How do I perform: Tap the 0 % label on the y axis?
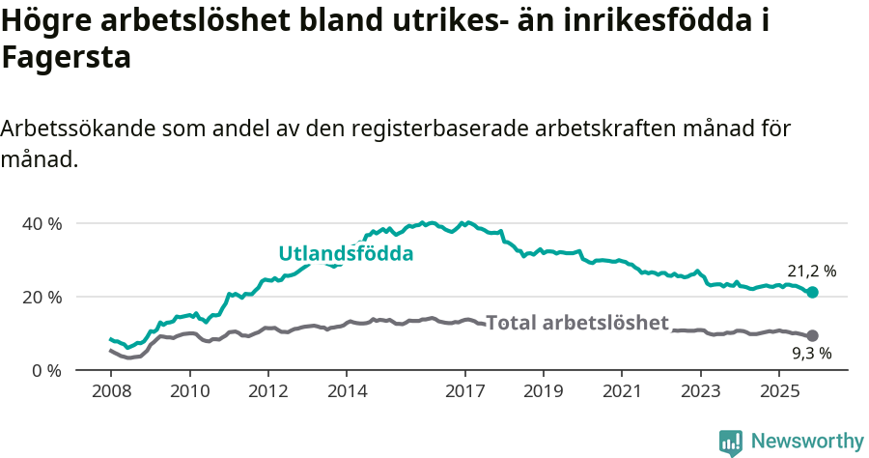tap(46, 370)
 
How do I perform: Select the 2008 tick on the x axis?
tap(111, 394)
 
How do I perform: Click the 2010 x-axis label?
tap(189, 394)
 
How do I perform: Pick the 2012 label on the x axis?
tap(268, 394)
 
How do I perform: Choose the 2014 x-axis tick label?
tap(348, 394)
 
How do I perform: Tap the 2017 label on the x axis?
tap(464, 394)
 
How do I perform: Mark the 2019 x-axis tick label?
tap(543, 394)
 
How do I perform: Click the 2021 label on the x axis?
tap(622, 394)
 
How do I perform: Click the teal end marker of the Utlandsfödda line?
tap(812, 292)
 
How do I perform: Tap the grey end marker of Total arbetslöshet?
tap(812, 335)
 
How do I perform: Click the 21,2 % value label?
tap(812, 272)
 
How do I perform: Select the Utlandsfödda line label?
tap(346, 254)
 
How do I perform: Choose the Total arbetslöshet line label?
tap(576, 323)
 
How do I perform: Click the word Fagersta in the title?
tap(66, 58)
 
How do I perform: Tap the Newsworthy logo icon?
tap(731, 443)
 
